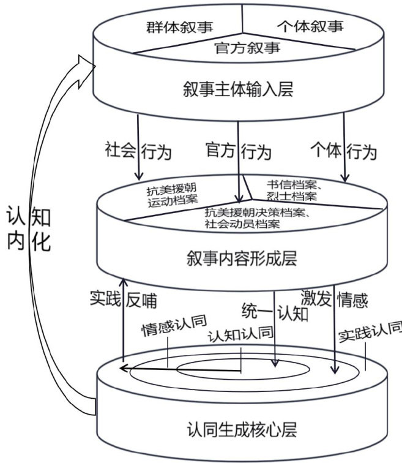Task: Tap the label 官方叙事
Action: pyautogui.click(x=247, y=48)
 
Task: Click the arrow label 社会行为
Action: pyautogui.click(x=138, y=151)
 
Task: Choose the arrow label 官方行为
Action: pyautogui.click(x=239, y=151)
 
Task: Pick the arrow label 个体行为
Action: pyautogui.click(x=343, y=151)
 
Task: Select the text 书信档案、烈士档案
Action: pyautogui.click(x=292, y=190)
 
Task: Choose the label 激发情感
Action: pyautogui.click(x=335, y=299)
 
